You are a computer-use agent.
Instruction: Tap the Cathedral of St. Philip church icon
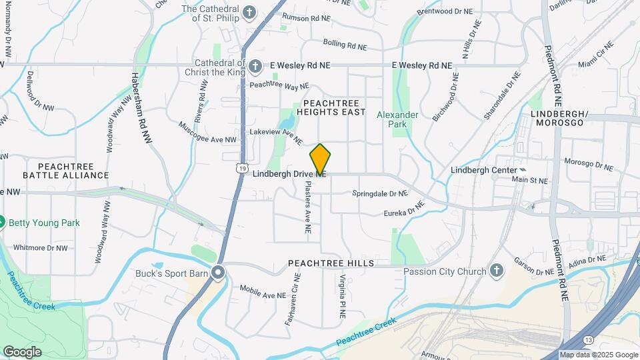(x=249, y=13)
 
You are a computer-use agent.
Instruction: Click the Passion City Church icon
(x=495, y=271)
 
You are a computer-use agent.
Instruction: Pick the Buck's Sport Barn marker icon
(x=218, y=272)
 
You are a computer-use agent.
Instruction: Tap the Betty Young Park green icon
(x=1, y=222)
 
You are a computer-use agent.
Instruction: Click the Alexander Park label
(x=397, y=120)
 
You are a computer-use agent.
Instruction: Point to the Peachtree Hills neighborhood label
(x=331, y=264)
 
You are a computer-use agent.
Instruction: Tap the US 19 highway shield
(x=241, y=167)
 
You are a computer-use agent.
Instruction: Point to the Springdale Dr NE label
(x=379, y=194)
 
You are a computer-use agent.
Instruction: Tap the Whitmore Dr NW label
(x=41, y=247)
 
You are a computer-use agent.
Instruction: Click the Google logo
(x=22, y=352)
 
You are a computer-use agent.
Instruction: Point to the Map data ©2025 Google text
(x=599, y=355)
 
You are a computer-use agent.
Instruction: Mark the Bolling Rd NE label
(x=345, y=45)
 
